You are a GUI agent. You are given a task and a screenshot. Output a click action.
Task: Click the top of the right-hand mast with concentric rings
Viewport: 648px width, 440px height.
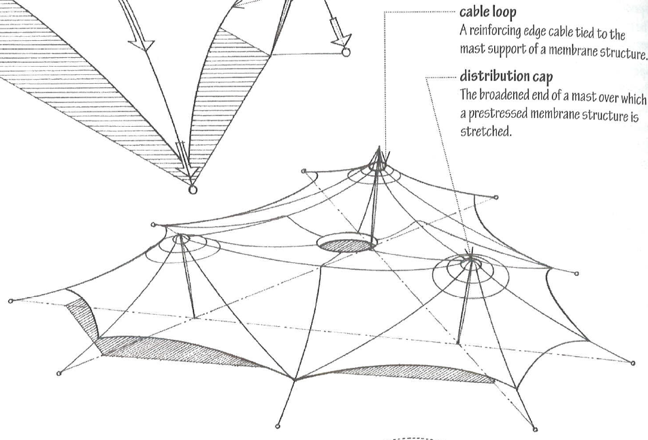tap(470, 259)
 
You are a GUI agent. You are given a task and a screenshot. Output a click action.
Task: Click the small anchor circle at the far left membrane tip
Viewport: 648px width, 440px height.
tap(10, 300)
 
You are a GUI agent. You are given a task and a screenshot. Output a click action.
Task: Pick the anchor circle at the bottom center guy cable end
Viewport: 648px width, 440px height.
tap(278, 428)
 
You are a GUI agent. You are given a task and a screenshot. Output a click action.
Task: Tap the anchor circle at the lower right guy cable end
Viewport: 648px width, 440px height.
tap(535, 429)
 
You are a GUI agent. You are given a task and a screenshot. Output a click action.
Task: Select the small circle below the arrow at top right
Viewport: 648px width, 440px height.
tap(345, 51)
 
